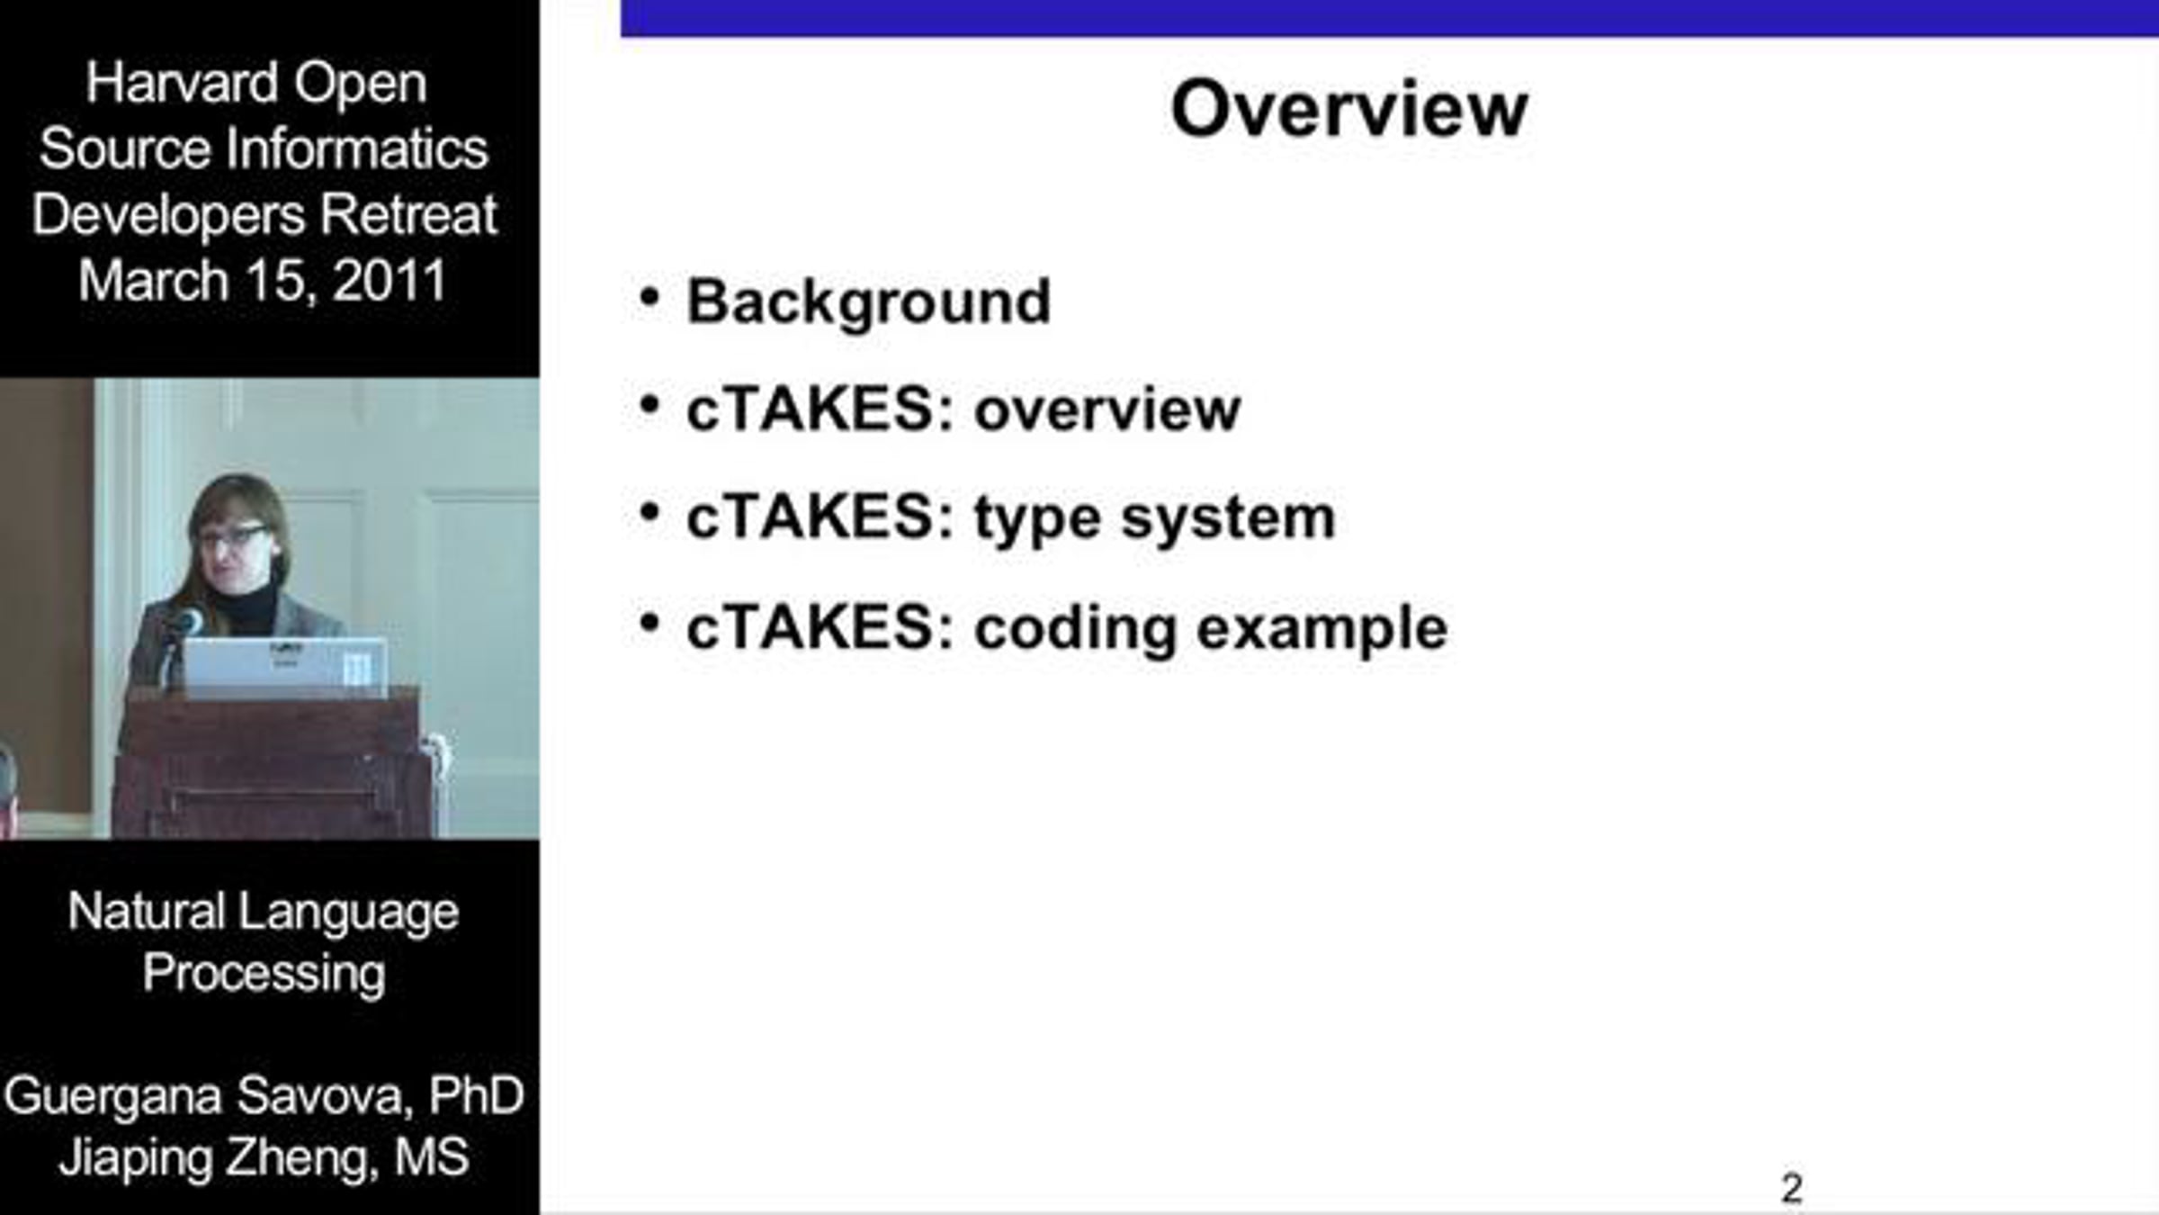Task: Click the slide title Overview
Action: (x=1349, y=109)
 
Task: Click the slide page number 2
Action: (x=1791, y=1188)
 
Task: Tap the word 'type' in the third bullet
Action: (x=1037, y=520)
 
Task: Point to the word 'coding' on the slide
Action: (x=1075, y=629)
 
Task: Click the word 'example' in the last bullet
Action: (x=1321, y=629)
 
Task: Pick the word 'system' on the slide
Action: (x=1228, y=520)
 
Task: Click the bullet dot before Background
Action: (x=649, y=297)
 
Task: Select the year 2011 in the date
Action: (x=390, y=281)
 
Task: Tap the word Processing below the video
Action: (x=264, y=975)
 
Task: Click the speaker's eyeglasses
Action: (x=231, y=536)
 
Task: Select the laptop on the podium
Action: (x=286, y=666)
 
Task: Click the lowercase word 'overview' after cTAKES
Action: (x=1107, y=410)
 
